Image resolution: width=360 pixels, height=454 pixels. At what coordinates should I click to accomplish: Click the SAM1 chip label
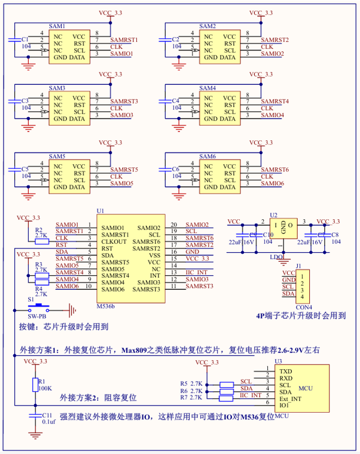57,27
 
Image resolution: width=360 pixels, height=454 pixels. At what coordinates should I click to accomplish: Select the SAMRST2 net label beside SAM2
275,40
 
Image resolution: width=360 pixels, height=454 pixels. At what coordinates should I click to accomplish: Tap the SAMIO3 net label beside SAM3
122,115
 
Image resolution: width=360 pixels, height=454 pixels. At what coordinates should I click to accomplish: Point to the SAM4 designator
208,88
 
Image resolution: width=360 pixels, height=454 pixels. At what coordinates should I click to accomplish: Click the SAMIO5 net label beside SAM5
122,183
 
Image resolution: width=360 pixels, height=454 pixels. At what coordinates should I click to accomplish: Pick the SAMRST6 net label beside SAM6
275,170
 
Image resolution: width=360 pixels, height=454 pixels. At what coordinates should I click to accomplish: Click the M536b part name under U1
106,305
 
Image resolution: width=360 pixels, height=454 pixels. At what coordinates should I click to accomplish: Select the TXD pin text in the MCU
286,371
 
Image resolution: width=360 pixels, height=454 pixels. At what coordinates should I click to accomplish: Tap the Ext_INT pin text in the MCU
291,398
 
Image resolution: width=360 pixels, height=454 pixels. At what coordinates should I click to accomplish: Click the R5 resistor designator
184,383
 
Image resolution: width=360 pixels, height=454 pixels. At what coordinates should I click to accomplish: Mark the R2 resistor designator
38,229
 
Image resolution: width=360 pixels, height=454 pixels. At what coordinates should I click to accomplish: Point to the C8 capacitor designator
335,235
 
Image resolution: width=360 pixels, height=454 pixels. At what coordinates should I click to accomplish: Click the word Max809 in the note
135,350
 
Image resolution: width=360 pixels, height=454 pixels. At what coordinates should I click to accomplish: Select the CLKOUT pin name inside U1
115,241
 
